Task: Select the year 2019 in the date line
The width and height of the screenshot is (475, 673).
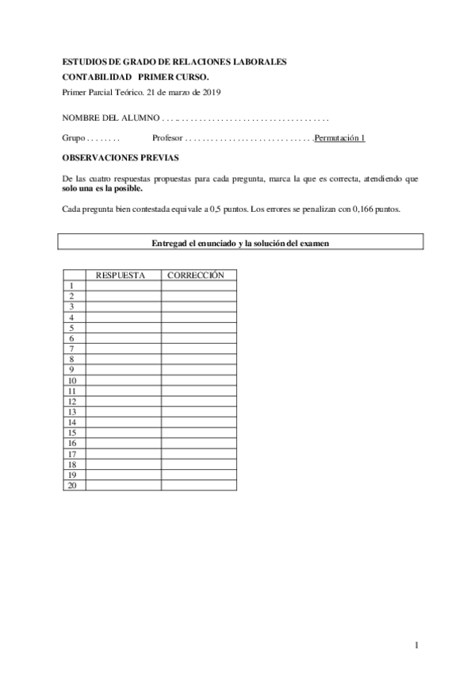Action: pos(210,92)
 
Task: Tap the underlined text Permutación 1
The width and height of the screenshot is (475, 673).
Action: pos(339,138)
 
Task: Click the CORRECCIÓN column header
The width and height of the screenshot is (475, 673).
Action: pos(198,275)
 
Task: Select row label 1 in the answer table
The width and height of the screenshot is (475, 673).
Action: pos(72,286)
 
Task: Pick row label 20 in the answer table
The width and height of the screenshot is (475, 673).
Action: pos(72,485)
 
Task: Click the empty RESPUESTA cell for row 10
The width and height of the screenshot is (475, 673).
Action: pos(123,380)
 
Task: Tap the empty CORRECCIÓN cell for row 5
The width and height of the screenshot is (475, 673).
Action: pos(198,328)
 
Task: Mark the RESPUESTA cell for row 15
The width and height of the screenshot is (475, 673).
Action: pos(123,433)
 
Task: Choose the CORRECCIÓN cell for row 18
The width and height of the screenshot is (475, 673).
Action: pos(198,464)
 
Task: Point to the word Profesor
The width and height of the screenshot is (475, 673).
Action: pos(167,138)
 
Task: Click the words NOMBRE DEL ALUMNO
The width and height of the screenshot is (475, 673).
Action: pos(109,117)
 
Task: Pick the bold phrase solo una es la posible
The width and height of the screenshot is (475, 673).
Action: pos(102,189)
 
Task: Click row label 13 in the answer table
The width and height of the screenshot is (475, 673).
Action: pos(72,412)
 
